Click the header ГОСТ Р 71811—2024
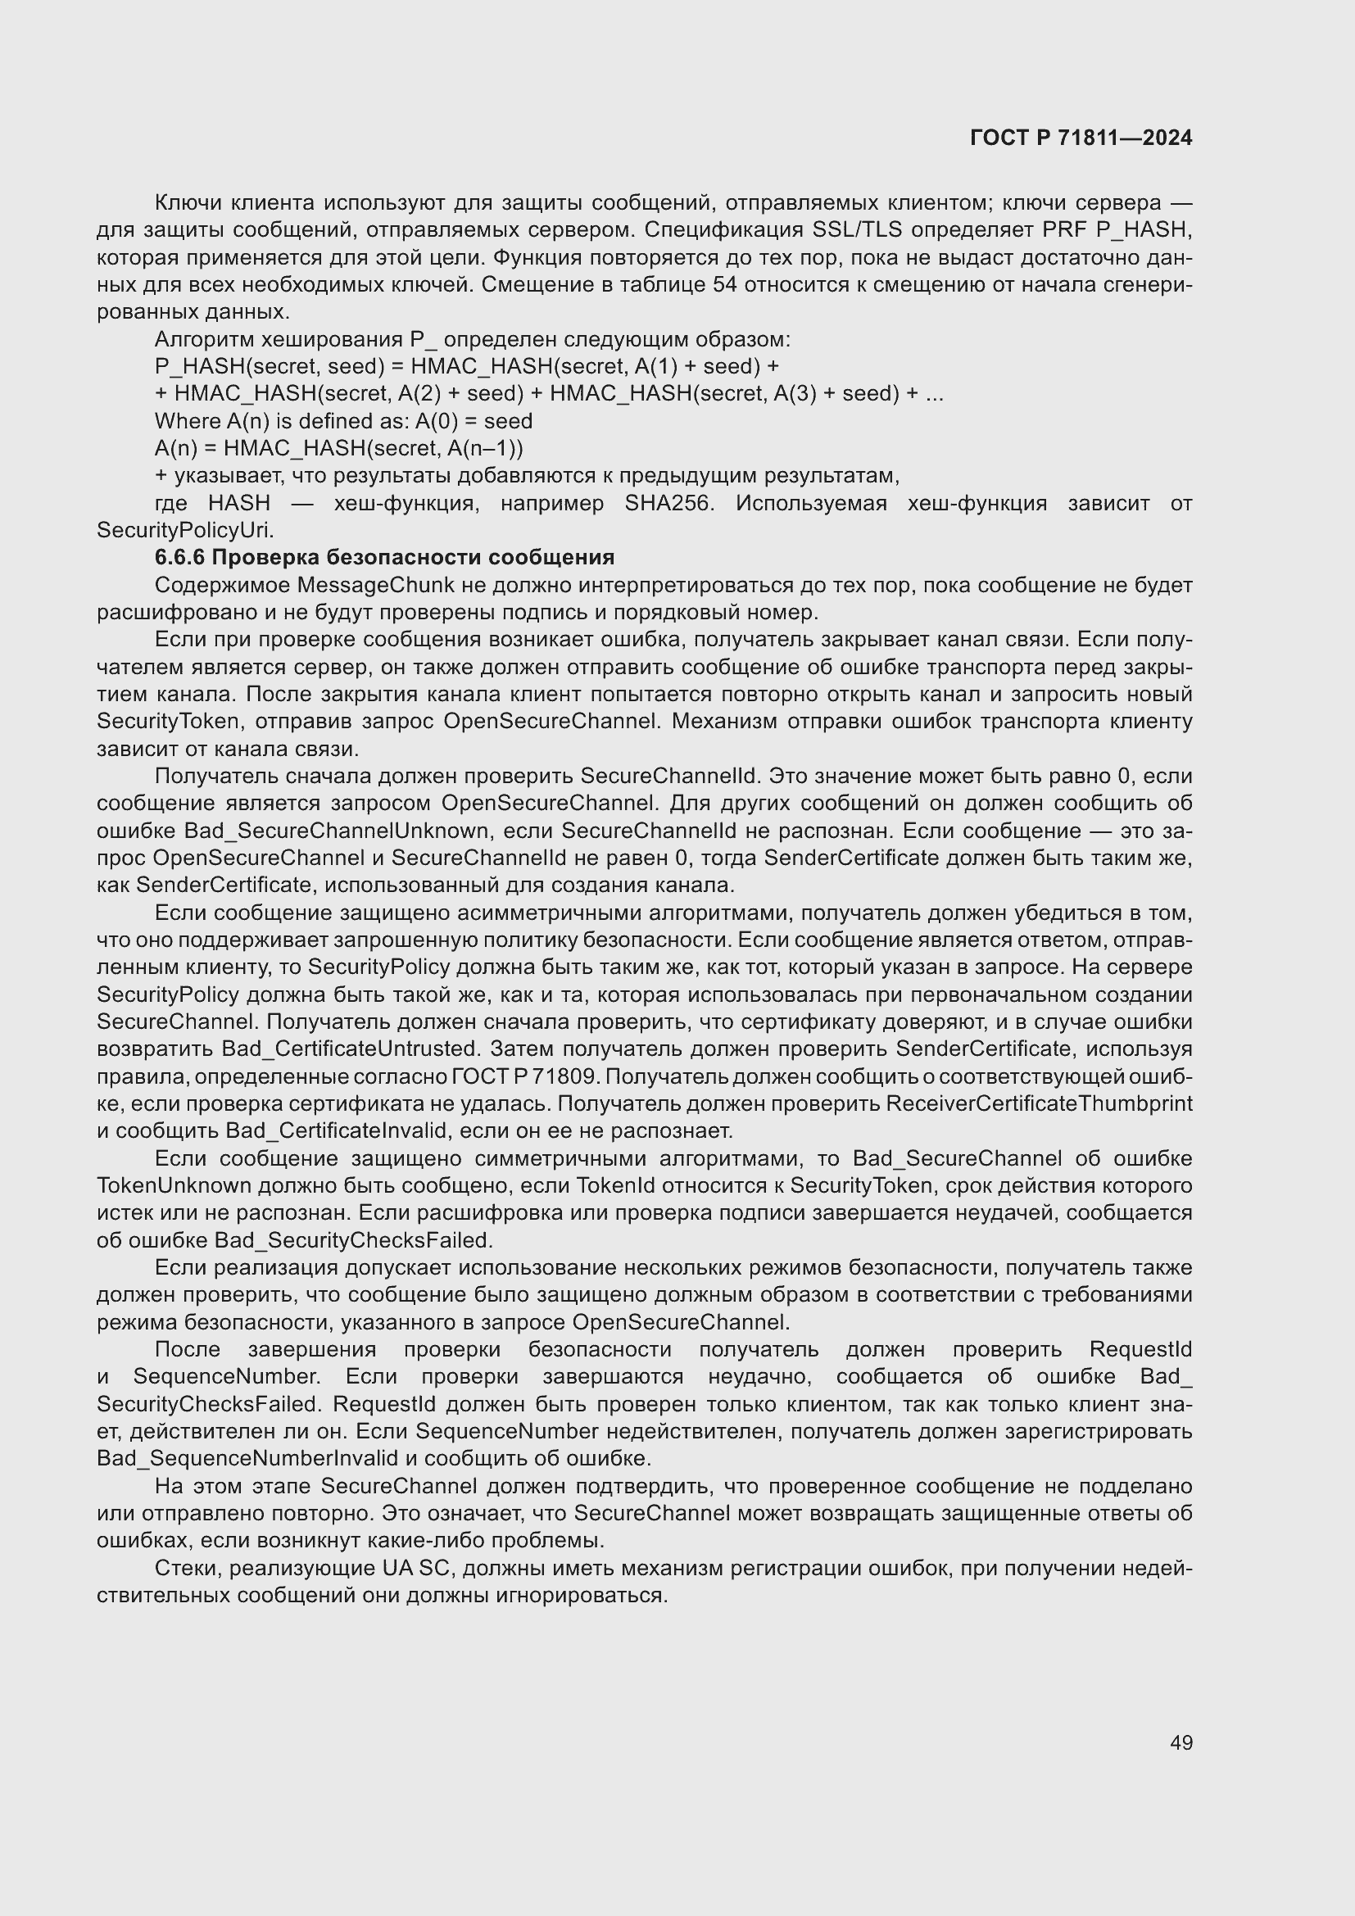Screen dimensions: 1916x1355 pyautogui.click(x=1081, y=138)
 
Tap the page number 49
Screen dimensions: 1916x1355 pyautogui.click(x=1181, y=1742)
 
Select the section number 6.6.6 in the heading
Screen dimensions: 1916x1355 pyautogui.click(x=179, y=558)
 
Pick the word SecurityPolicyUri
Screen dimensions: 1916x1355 pyautogui.click(x=184, y=530)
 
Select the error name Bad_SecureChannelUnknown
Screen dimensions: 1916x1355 pyautogui.click(x=336, y=831)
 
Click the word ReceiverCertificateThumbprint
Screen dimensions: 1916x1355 pyautogui.click(x=1039, y=1103)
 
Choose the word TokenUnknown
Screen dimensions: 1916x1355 pyautogui.click(x=174, y=1186)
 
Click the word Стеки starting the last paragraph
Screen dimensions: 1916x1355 pyautogui.click(x=188, y=1568)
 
